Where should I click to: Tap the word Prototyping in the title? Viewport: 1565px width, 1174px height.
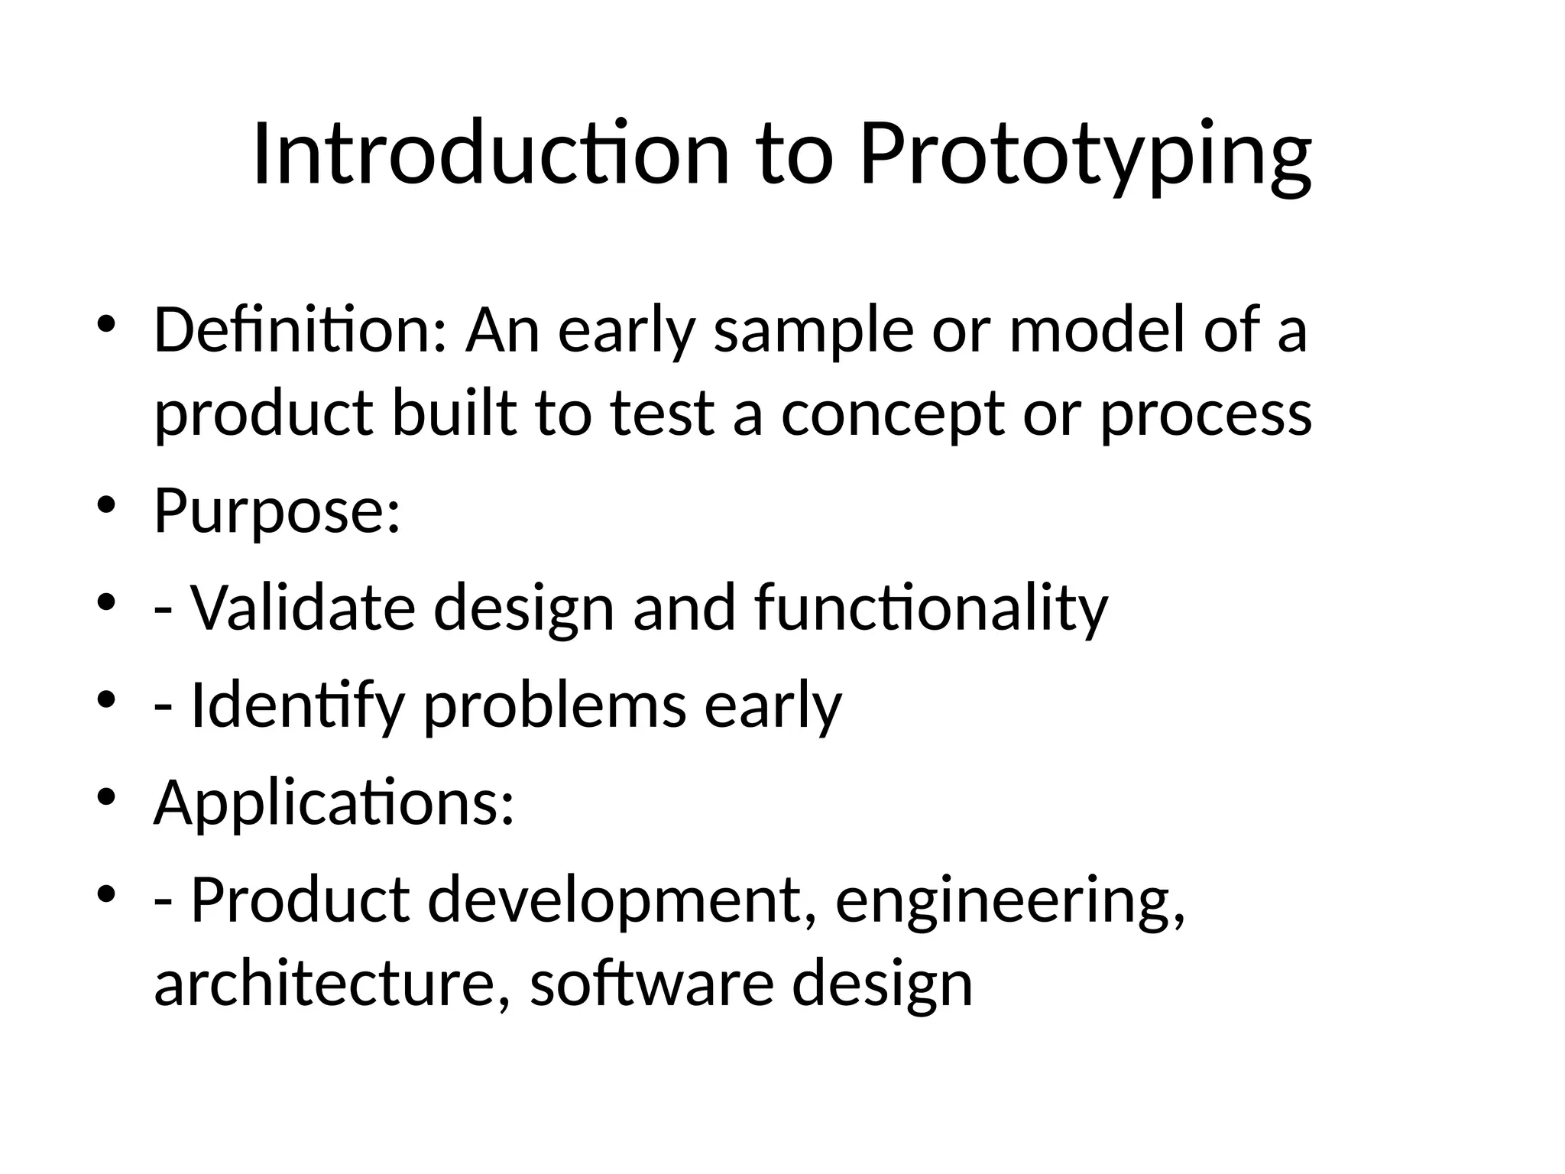tap(1085, 154)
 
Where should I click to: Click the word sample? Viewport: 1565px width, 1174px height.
tap(813, 331)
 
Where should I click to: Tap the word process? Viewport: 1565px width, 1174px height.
tap(1205, 414)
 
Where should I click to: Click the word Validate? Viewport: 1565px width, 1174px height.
tap(303, 608)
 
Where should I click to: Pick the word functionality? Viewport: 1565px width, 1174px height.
tap(930, 608)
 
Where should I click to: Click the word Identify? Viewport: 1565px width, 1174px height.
tap(297, 705)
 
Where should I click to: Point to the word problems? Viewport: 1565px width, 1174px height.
tap(555, 705)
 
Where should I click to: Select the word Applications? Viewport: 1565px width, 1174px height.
tap(334, 803)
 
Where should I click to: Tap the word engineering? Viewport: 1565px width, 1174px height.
tap(1010, 900)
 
